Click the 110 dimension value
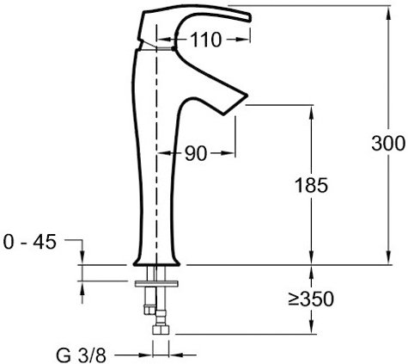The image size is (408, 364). [x=206, y=40]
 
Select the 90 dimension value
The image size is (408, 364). [x=196, y=153]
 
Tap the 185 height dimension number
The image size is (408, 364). [x=311, y=185]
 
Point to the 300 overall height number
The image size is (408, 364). [x=388, y=143]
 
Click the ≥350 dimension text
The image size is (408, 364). [x=311, y=299]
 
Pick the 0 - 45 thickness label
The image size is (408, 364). [x=30, y=243]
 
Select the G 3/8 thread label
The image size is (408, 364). [x=81, y=355]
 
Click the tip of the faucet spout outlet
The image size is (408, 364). [x=247, y=95]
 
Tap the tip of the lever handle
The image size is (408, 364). [x=251, y=18]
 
